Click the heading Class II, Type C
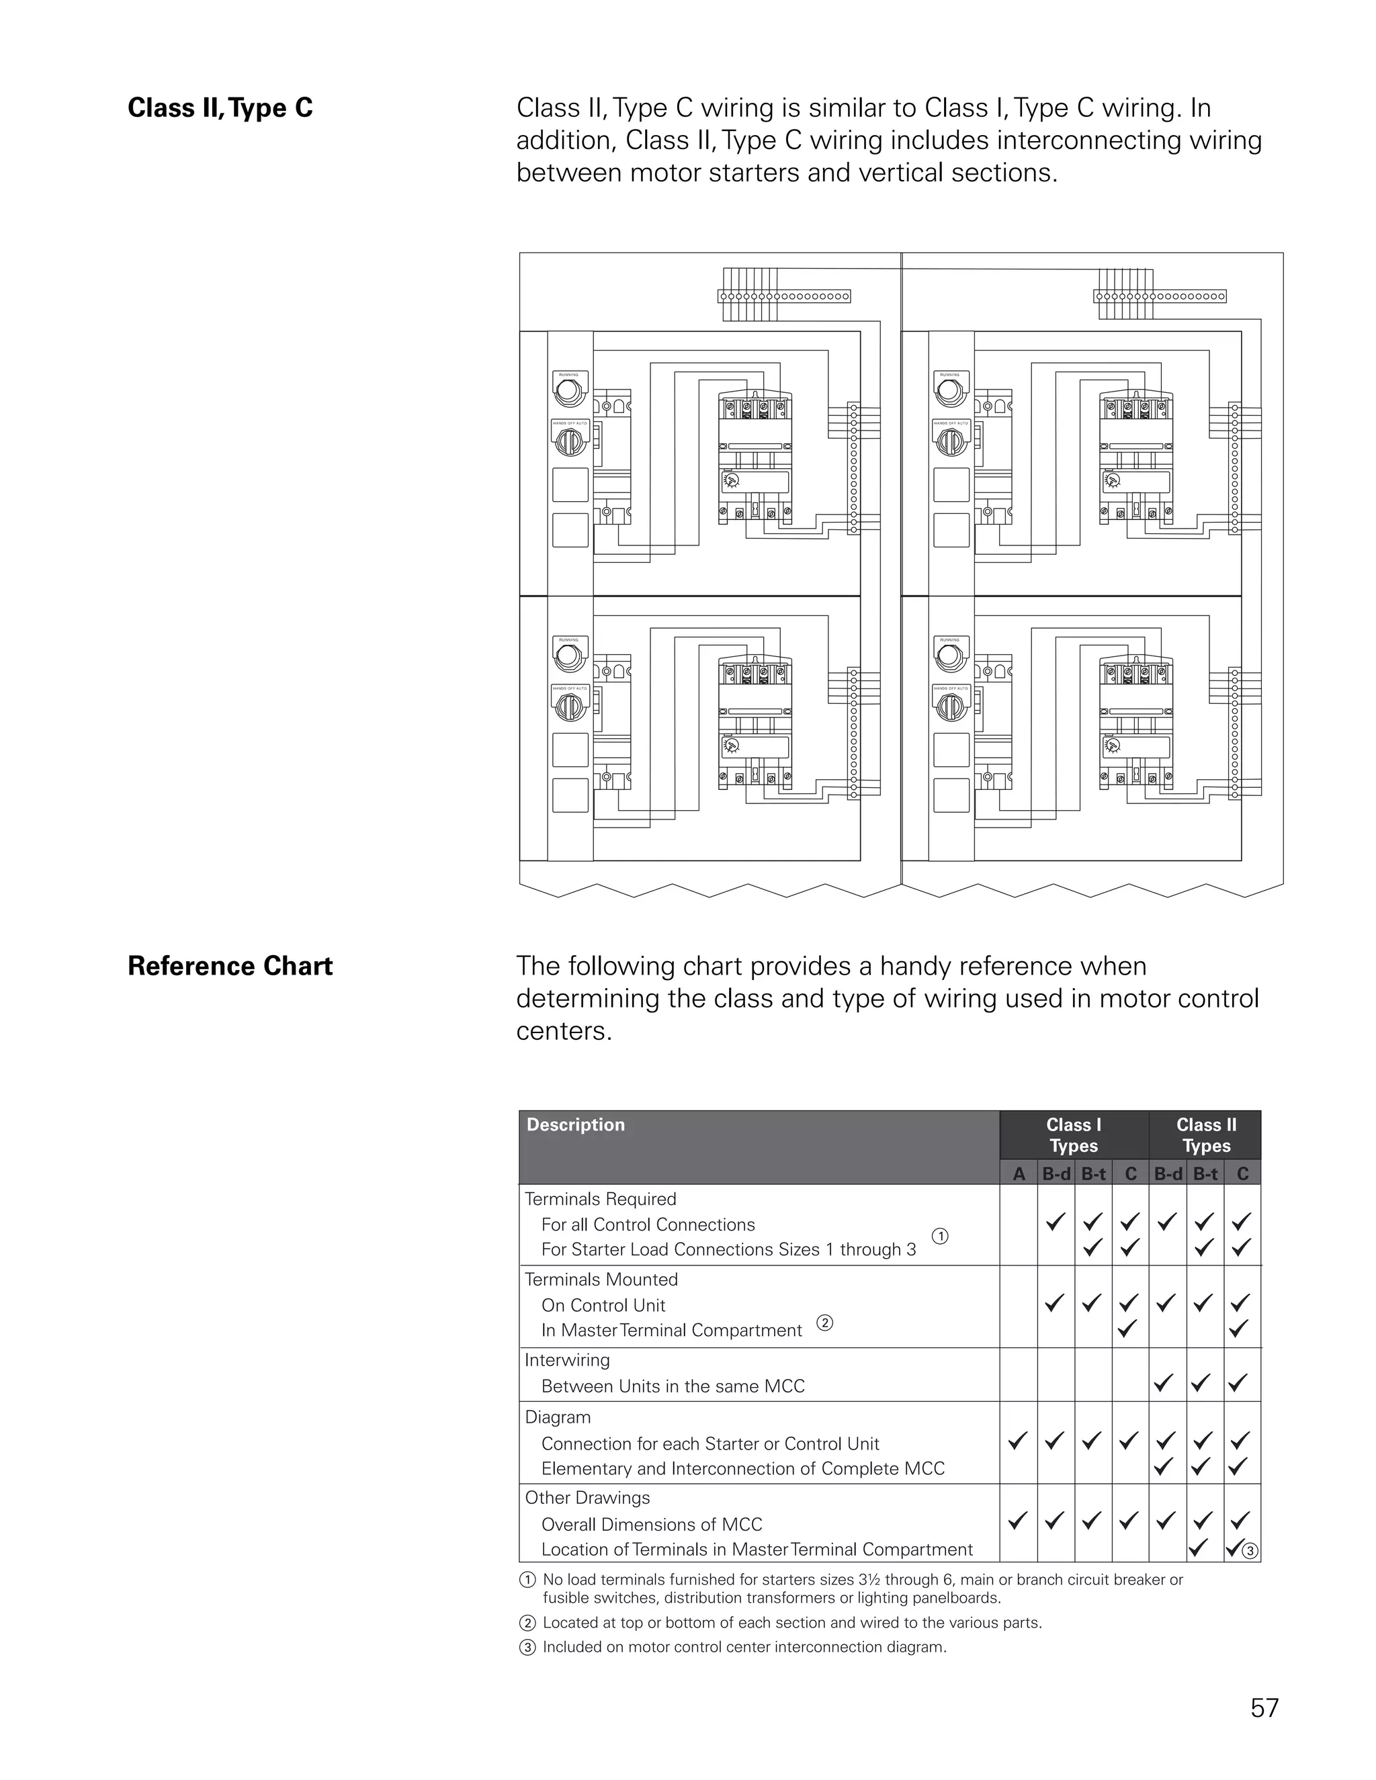click(220, 108)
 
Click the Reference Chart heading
click(230, 966)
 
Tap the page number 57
click(1264, 1707)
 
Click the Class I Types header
click(1074, 1134)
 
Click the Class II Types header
click(1205, 1134)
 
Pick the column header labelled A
click(1018, 1173)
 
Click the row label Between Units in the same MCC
click(673, 1386)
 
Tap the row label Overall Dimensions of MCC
click(651, 1524)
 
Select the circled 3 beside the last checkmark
click(1250, 1551)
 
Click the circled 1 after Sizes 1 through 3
click(940, 1237)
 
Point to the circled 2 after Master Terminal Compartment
click(825, 1323)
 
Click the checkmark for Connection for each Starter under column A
click(1017, 1441)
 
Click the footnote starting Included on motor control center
click(744, 1646)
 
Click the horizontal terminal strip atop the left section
click(784, 297)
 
